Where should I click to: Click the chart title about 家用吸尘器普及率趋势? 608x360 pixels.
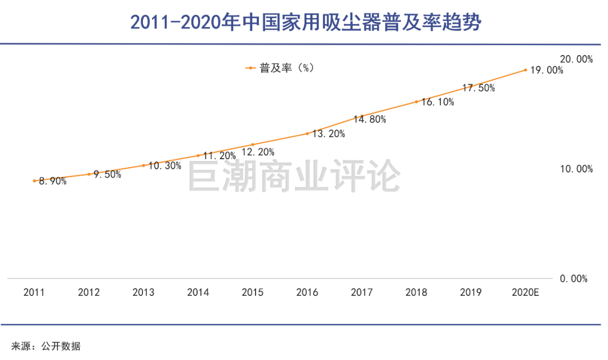point(304,22)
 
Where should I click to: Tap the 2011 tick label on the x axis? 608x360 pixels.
point(34,292)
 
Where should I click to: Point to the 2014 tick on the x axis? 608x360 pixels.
point(198,292)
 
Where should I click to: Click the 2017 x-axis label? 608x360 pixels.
point(361,292)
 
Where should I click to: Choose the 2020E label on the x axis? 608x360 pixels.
point(525,292)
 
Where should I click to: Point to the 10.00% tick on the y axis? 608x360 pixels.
point(576,169)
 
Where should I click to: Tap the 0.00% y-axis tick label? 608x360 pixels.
point(573,278)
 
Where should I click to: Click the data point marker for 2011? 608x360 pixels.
point(34,181)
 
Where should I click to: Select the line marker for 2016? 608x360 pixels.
point(307,133)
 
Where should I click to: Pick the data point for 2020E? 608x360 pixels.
point(525,70)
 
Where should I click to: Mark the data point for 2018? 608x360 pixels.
point(416,102)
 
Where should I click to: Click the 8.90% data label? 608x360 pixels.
point(52,181)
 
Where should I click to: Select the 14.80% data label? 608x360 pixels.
point(370,119)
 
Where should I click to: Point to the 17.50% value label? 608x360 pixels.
point(479,88)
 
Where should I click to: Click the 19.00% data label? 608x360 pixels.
point(547,70)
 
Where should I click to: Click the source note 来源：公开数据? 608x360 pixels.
point(46,346)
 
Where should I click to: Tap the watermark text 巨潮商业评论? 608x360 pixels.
point(293,176)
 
